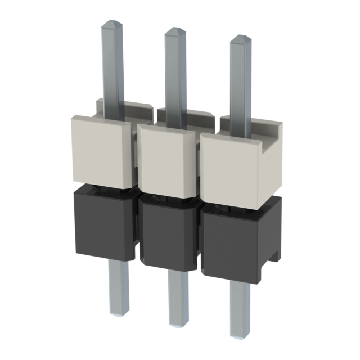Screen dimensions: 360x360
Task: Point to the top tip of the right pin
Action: [x=241, y=38]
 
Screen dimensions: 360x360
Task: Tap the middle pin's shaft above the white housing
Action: [x=176, y=73]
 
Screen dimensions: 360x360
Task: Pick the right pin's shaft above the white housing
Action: [x=241, y=79]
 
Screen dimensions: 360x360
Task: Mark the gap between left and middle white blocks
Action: [x=135, y=157]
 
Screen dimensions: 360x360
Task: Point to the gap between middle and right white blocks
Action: [x=199, y=166]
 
